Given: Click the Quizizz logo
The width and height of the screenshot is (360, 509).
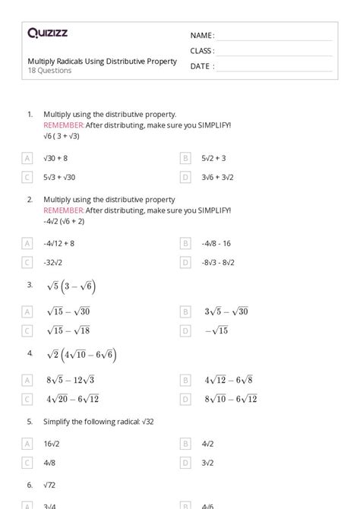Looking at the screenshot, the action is tap(47, 33).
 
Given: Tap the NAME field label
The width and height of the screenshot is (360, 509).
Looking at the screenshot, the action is tap(202, 36).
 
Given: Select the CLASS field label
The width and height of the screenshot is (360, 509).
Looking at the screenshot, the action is tap(202, 51).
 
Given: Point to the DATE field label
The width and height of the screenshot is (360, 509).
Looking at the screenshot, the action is tap(201, 66).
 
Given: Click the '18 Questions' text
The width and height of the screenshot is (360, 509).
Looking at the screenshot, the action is tap(49, 71).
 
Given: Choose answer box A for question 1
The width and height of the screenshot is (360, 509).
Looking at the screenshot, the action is tap(27, 158).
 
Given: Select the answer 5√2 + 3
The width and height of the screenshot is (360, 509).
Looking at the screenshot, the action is tap(213, 158).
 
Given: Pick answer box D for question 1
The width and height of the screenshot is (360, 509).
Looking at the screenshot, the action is tap(185, 177).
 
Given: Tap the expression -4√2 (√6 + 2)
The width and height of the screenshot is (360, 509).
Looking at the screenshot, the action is tap(65, 221).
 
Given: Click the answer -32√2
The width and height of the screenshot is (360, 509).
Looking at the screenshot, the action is tap(54, 262).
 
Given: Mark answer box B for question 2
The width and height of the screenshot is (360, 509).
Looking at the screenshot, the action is tap(185, 243).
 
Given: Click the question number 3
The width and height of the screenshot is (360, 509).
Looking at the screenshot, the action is tap(30, 285).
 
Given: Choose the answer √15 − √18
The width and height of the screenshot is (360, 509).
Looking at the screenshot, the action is tap(68, 330).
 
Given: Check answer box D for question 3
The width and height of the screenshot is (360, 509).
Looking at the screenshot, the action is tap(185, 330).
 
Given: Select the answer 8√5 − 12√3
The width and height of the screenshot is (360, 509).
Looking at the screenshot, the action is tap(70, 380).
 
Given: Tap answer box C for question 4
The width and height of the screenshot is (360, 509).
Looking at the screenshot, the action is tap(27, 398).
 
